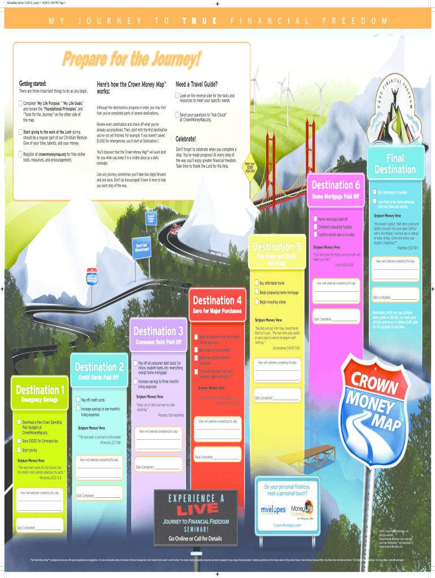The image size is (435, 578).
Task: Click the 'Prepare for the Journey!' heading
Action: [x=132, y=59]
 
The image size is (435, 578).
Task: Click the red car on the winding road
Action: [x=177, y=228]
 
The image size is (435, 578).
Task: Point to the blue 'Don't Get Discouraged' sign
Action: [x=141, y=248]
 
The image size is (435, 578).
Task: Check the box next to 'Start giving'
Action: [x=19, y=450]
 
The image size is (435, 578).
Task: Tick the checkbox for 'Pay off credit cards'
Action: [x=78, y=400]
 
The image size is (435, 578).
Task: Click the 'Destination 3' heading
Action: [x=158, y=331]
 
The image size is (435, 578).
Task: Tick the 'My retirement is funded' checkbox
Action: [x=375, y=192]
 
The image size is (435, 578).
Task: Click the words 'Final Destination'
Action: [x=395, y=164]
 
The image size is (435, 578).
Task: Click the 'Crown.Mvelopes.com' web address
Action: [x=287, y=525]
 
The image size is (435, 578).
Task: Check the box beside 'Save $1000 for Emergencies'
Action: [x=19, y=440]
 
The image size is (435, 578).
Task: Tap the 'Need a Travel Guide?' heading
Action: [x=197, y=84]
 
